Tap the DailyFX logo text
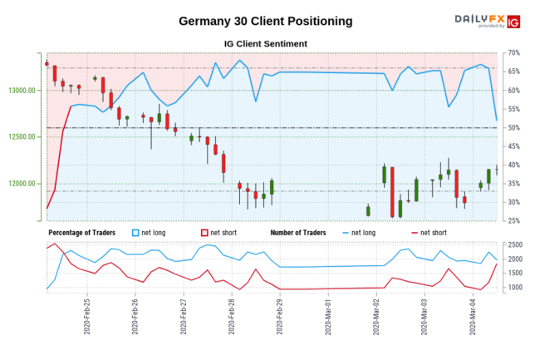(x=479, y=18)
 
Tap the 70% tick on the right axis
(x=513, y=52)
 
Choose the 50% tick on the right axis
(x=513, y=128)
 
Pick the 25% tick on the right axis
(x=513, y=221)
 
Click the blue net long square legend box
(x=137, y=233)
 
